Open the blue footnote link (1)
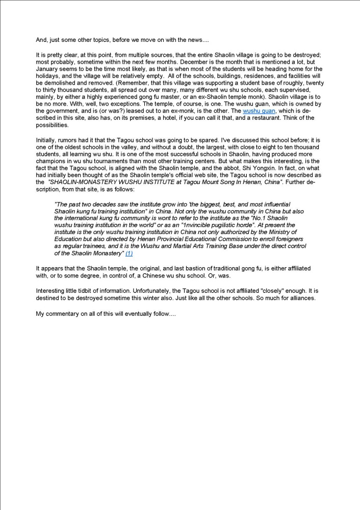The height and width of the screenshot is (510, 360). pos(129,253)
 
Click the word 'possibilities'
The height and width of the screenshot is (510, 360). pos(51,125)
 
